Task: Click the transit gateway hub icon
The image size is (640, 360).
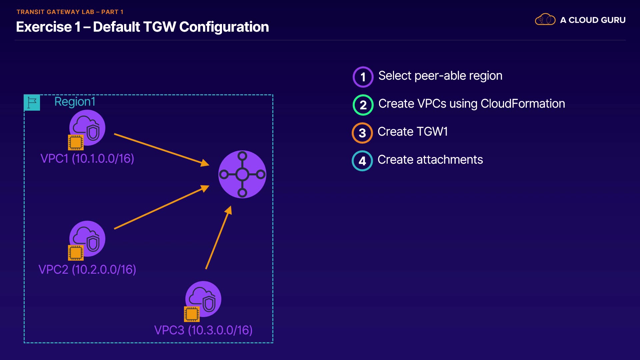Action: [x=242, y=174]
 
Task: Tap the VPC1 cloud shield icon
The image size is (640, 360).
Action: [x=88, y=127]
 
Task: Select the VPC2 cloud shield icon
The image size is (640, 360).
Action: [x=88, y=238]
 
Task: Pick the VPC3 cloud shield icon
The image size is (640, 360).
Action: [x=204, y=299]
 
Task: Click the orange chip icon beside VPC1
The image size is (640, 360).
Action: [x=76, y=143]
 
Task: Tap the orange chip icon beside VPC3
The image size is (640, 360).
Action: [x=192, y=314]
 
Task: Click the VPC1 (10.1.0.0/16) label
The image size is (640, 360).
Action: [x=87, y=159]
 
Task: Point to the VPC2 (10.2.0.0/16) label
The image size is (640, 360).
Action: [x=87, y=270]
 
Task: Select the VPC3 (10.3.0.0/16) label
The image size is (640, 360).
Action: [x=203, y=330]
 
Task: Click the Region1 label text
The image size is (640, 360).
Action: [x=75, y=102]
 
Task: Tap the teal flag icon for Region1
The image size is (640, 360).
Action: [x=32, y=103]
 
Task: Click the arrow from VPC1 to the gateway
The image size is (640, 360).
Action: [x=161, y=149]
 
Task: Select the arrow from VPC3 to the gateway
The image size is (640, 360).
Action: [x=219, y=237]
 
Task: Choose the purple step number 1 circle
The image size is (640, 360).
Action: [x=363, y=77]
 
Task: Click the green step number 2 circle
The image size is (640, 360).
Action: [x=363, y=105]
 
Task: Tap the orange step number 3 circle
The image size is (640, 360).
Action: [x=362, y=133]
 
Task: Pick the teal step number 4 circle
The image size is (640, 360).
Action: [x=362, y=161]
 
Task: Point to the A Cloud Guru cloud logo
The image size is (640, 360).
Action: [x=545, y=20]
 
